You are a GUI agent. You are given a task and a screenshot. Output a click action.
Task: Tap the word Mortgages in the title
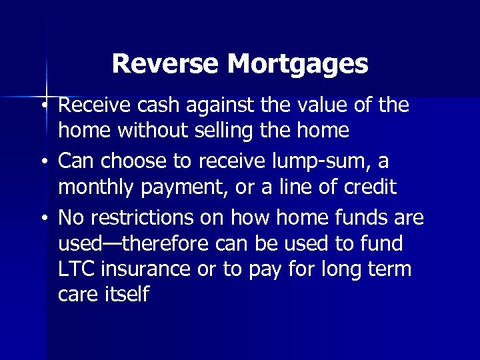297,65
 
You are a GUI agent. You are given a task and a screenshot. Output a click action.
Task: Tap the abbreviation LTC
76,269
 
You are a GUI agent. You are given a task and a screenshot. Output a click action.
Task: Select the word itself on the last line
126,295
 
